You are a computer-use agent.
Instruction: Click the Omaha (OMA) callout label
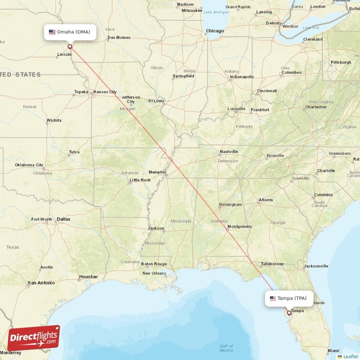70,32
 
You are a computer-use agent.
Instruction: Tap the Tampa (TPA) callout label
288,298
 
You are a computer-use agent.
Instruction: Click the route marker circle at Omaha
70,46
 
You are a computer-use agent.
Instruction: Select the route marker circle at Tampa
289,312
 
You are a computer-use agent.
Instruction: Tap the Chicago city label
215,31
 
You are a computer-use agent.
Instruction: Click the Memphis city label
157,172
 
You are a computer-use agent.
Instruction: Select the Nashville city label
229,152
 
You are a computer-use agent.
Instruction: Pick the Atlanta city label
265,200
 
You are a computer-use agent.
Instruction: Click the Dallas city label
63,219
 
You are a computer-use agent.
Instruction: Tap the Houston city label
88,276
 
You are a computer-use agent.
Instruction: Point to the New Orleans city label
154,273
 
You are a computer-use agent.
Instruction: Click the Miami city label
333,351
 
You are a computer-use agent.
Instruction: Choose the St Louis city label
157,101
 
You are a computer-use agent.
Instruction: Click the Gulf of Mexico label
226,348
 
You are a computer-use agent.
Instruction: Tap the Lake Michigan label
216,12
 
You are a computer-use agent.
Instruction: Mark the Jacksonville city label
315,266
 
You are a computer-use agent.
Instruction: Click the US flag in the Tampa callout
273,298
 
